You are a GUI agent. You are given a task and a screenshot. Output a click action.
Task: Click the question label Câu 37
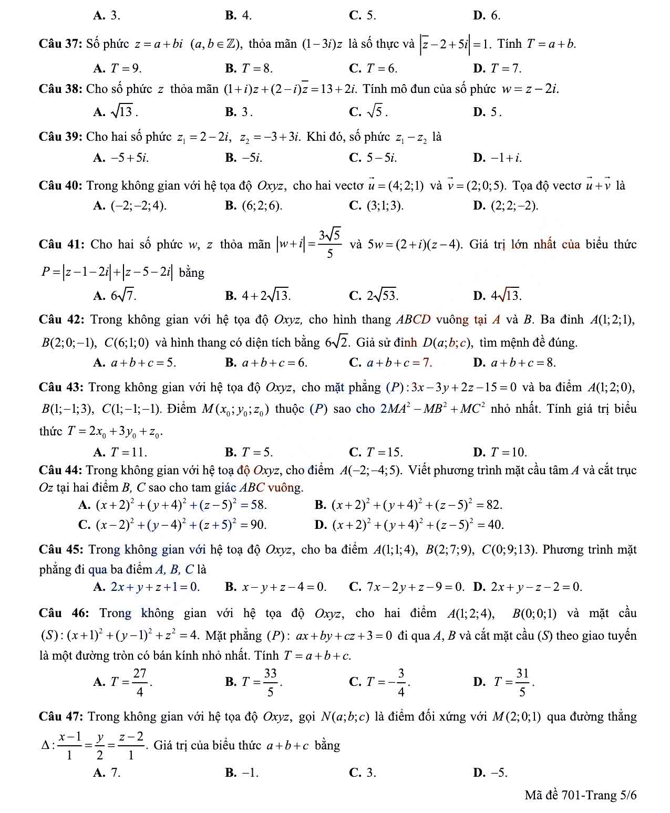tap(60, 44)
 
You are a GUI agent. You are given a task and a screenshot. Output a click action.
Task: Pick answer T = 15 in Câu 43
tap(384, 452)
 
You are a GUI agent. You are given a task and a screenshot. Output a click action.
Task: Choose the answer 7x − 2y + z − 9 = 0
tap(415, 586)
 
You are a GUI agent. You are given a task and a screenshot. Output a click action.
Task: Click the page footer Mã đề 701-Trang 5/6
tap(580, 795)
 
